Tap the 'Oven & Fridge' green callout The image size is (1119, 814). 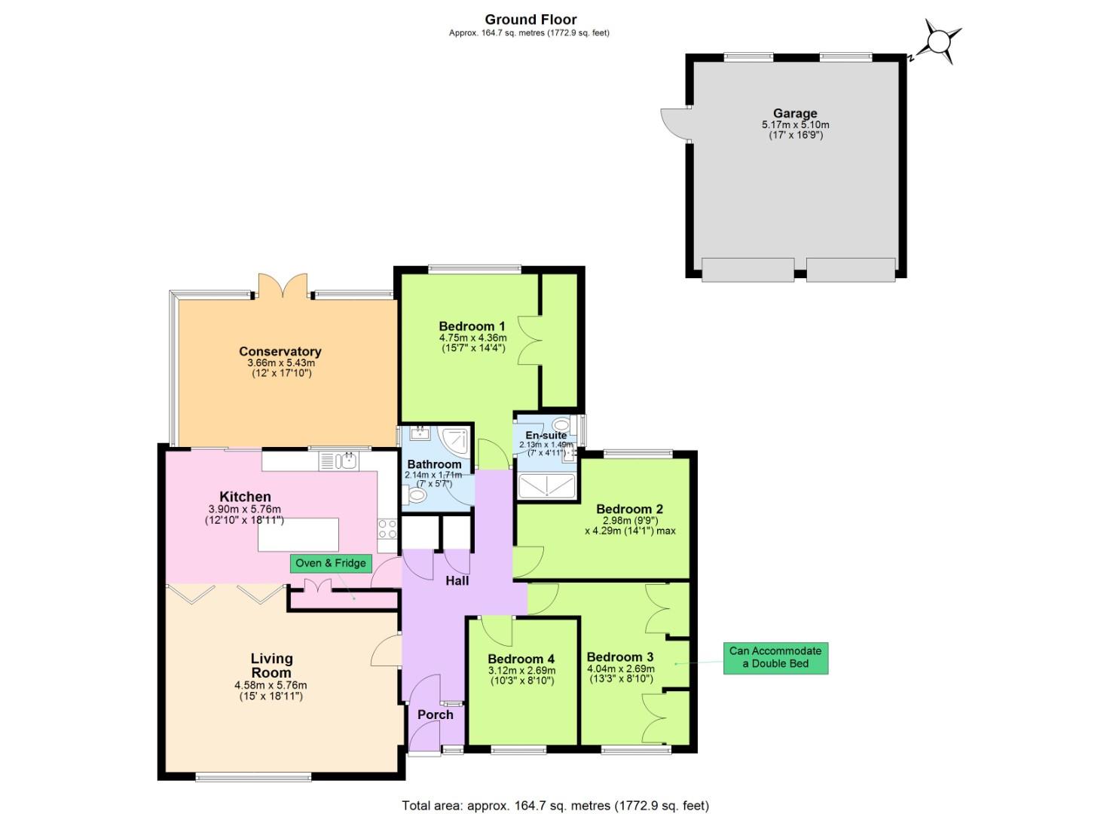[331, 563]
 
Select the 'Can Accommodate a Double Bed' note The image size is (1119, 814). [775, 657]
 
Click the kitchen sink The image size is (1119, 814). [347, 461]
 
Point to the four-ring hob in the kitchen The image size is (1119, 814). [387, 529]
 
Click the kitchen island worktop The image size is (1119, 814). [298, 535]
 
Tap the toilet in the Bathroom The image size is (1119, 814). [415, 495]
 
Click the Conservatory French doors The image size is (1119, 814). [283, 286]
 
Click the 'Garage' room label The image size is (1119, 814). [795, 114]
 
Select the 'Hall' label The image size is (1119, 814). [457, 580]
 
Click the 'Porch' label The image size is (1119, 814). [436, 715]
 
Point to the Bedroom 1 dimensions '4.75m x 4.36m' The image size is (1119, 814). [472, 338]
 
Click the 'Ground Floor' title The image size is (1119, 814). [530, 20]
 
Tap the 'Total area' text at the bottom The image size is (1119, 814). [555, 806]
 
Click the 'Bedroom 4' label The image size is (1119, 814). [521, 659]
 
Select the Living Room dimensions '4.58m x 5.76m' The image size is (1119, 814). [271, 685]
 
